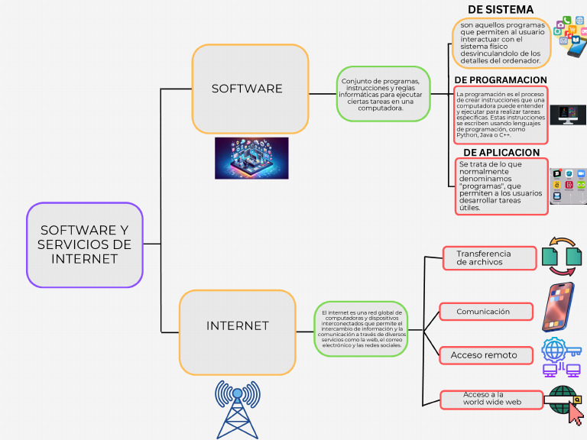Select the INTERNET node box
click(238, 326)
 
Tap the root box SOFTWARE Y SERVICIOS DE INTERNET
click(85, 244)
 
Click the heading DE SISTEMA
click(501, 9)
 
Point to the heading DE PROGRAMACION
click(501, 80)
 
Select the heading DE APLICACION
click(501, 152)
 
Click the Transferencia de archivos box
click(488, 258)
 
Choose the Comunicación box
click(486, 312)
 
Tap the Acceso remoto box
click(486, 355)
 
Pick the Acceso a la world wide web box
click(491, 399)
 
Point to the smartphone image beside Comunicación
click(558, 307)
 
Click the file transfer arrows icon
click(562, 257)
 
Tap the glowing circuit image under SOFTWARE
click(251, 158)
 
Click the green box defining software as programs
click(383, 94)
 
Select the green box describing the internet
click(361, 328)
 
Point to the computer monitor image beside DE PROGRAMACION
click(568, 115)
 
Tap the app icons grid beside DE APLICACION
click(568, 186)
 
